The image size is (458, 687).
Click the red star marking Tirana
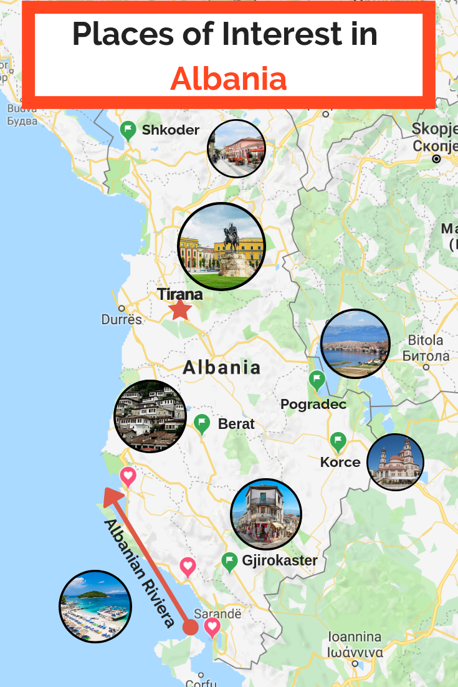pyautogui.click(x=181, y=309)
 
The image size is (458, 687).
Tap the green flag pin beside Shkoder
pyautogui.click(x=128, y=130)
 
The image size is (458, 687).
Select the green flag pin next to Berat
pyautogui.click(x=202, y=423)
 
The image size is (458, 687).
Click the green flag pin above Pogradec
pyautogui.click(x=317, y=379)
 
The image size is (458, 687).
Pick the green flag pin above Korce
pyautogui.click(x=338, y=442)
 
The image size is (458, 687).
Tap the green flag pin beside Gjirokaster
pyautogui.click(x=230, y=561)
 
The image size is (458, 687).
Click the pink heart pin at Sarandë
pyautogui.click(x=212, y=626)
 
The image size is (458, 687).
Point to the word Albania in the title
pyautogui.click(x=229, y=79)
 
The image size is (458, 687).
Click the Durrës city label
pyautogui.click(x=122, y=320)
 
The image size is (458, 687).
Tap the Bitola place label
pyautogui.click(x=426, y=340)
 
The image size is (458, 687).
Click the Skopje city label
pyautogui.click(x=434, y=129)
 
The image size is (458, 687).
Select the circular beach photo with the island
pyautogui.click(x=95, y=607)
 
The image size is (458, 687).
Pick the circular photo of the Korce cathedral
pyautogui.click(x=395, y=462)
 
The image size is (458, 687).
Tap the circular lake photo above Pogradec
pyautogui.click(x=355, y=343)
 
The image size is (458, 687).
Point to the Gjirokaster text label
pyautogui.click(x=280, y=560)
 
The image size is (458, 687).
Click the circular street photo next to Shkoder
pyautogui.click(x=236, y=148)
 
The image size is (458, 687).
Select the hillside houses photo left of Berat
pyautogui.click(x=150, y=416)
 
